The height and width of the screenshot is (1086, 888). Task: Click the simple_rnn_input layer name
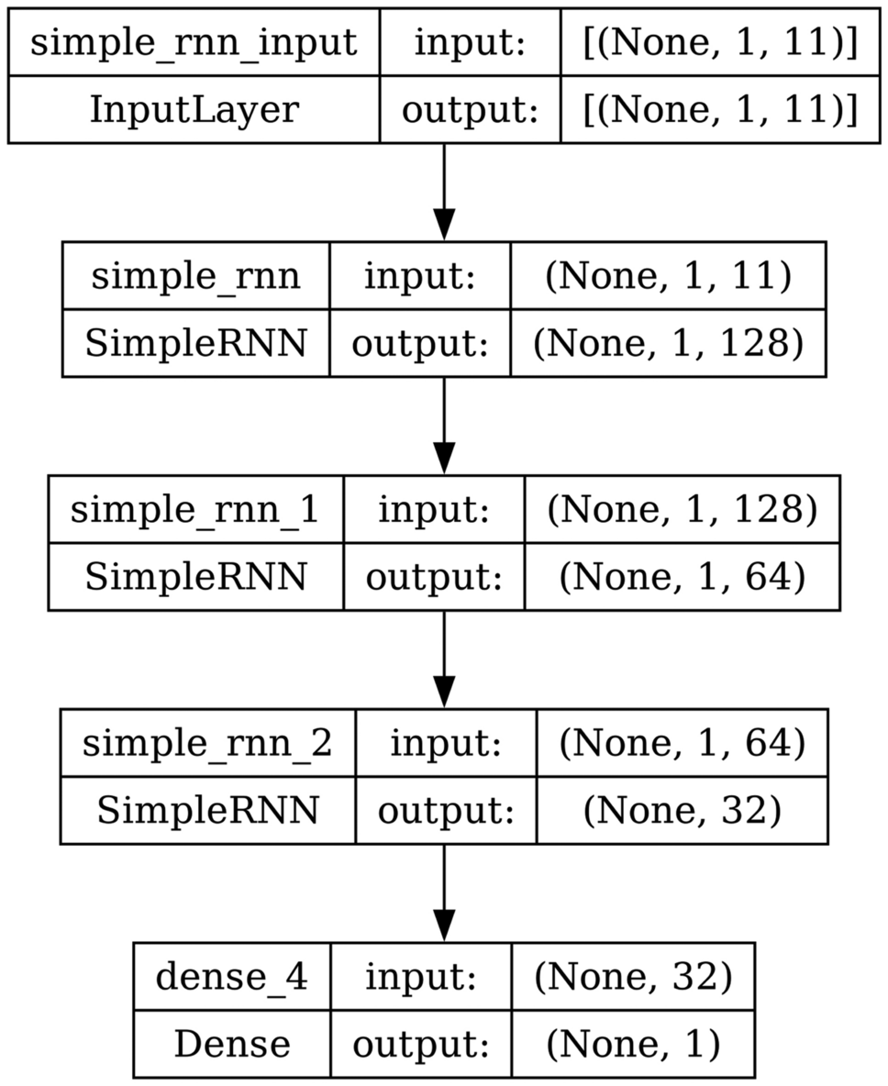click(194, 43)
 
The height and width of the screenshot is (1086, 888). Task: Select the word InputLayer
click(194, 109)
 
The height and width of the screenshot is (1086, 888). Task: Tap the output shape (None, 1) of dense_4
click(633, 1043)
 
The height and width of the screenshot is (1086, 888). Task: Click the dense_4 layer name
click(231, 977)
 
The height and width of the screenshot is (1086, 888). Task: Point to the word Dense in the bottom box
click(231, 1043)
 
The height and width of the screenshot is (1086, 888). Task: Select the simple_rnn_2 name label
click(207, 743)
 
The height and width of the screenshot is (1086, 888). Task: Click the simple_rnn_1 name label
click(195, 510)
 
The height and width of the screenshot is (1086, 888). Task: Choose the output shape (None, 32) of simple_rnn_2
click(682, 810)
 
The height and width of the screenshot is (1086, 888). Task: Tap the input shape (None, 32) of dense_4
click(633, 977)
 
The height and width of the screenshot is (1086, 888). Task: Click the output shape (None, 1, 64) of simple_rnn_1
click(682, 576)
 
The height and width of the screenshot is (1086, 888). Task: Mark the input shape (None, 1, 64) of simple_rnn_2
click(682, 743)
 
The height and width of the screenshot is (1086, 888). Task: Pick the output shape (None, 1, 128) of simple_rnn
click(668, 343)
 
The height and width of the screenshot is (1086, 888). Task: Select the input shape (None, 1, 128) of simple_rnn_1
click(682, 510)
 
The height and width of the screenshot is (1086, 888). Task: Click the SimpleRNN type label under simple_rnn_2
click(207, 810)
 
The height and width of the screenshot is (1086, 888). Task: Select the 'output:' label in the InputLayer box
click(470, 109)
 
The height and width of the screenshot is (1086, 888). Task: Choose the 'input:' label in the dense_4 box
click(420, 977)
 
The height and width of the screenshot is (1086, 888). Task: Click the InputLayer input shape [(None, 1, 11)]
click(720, 43)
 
